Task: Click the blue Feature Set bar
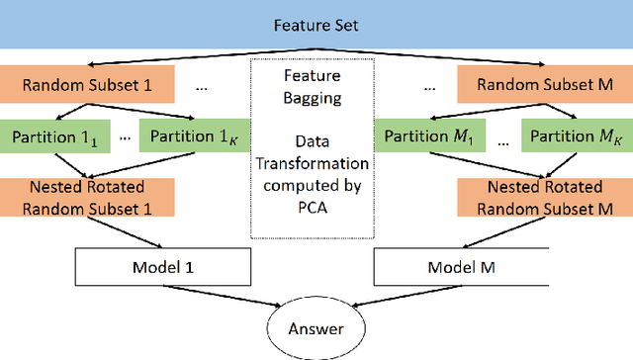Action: click(316, 23)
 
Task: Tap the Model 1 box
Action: click(164, 267)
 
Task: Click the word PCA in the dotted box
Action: click(316, 206)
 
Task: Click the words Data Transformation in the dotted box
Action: click(316, 150)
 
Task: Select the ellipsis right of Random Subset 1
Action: click(202, 86)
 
